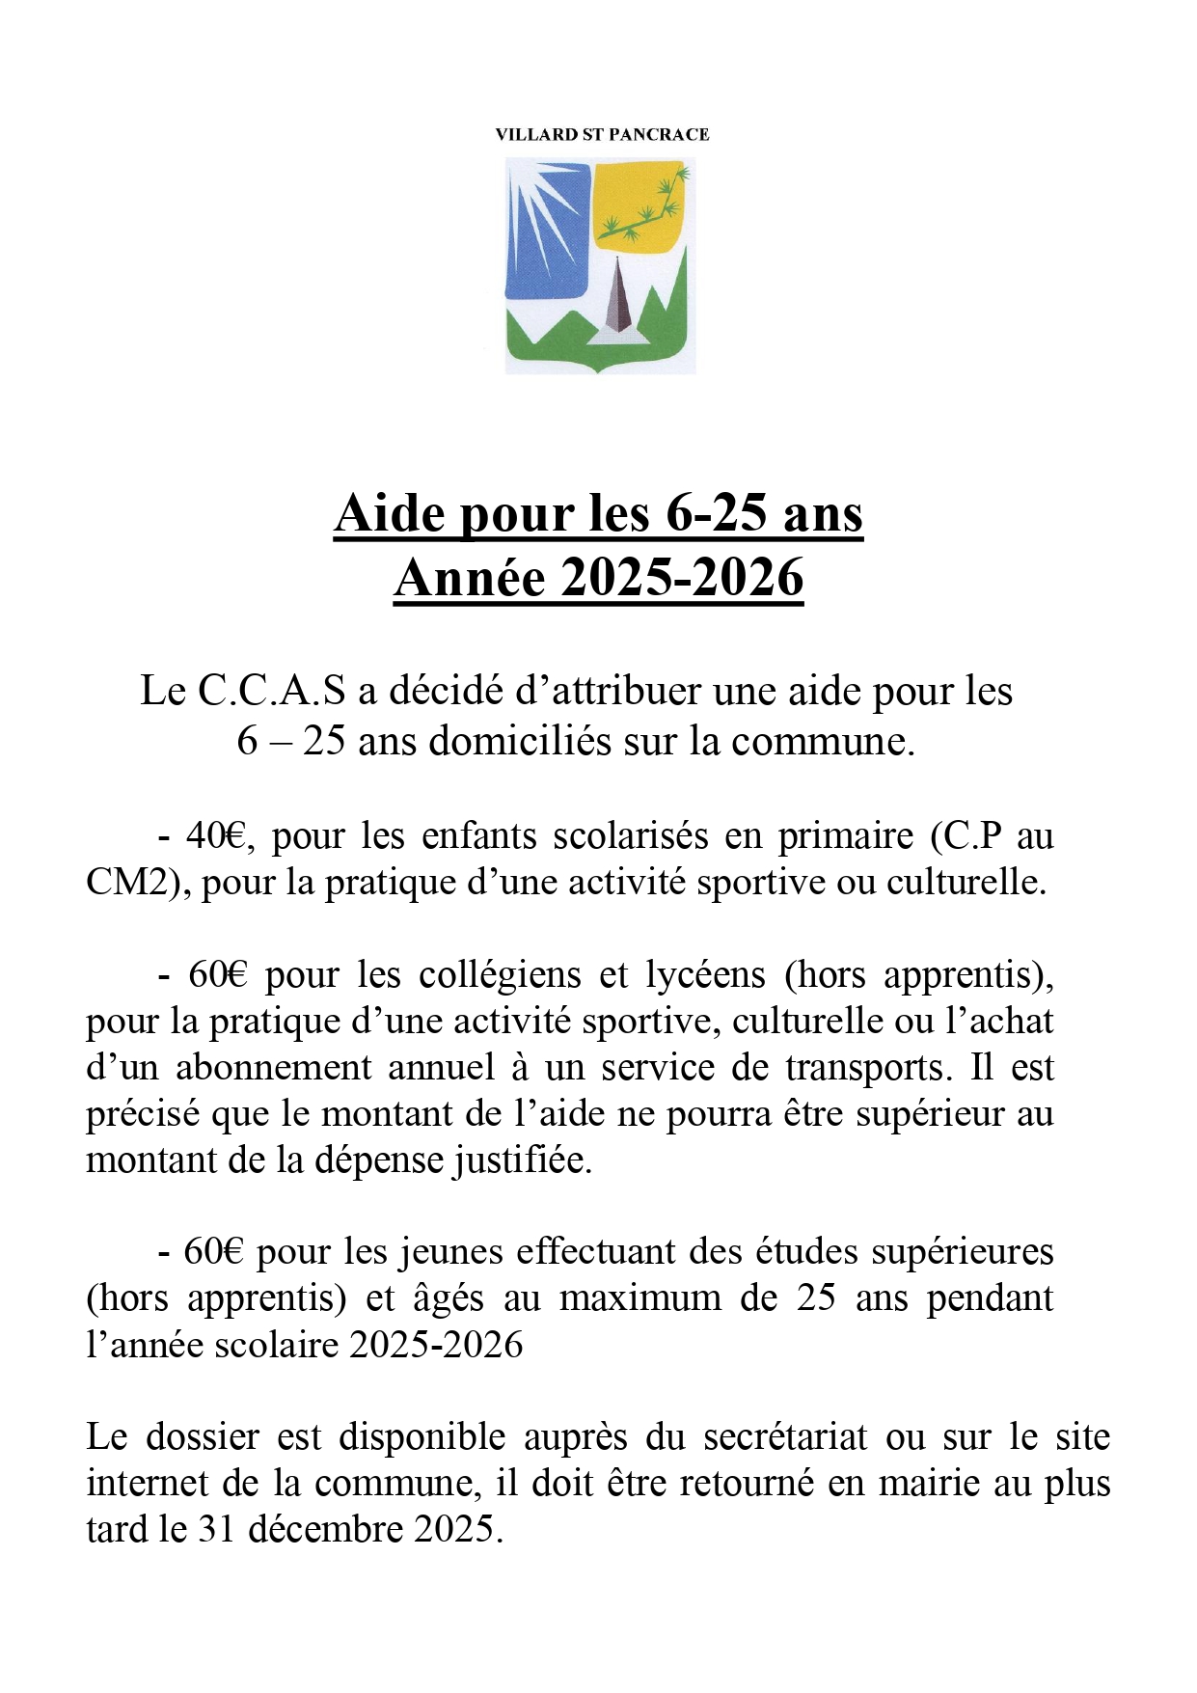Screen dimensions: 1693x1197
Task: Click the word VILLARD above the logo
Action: coord(535,135)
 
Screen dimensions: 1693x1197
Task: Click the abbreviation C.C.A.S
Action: coord(271,692)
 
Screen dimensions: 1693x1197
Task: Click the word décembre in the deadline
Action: coord(323,1530)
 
